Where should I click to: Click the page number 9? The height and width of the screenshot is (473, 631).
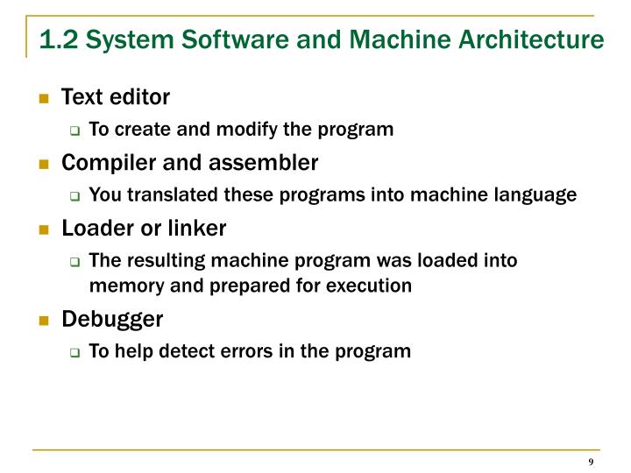[592, 462]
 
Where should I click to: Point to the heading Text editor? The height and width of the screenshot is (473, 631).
[116, 96]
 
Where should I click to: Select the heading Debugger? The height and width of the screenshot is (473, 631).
[112, 319]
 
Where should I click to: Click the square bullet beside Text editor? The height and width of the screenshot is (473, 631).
[42, 97]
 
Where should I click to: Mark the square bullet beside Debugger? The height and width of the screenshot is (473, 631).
[42, 320]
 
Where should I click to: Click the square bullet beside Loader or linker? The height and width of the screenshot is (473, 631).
[42, 229]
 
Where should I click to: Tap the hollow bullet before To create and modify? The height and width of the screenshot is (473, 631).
[75, 131]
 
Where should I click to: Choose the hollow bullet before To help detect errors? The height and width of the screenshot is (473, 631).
[75, 352]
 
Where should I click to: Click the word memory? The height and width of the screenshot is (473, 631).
[120, 286]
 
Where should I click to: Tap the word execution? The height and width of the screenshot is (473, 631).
[374, 286]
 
